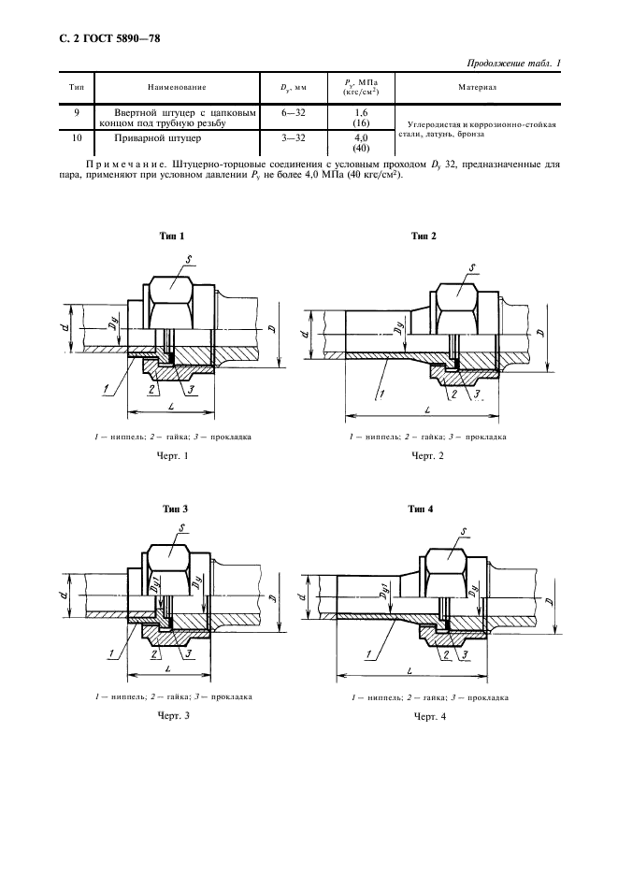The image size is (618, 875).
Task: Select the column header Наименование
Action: click(177, 87)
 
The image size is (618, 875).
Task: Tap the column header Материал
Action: click(481, 86)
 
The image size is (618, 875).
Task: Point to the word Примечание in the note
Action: click(120, 164)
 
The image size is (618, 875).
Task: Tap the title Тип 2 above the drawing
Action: click(424, 237)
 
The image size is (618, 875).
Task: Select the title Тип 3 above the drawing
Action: click(176, 509)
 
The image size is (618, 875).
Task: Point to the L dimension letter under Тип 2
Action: click(426, 410)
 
